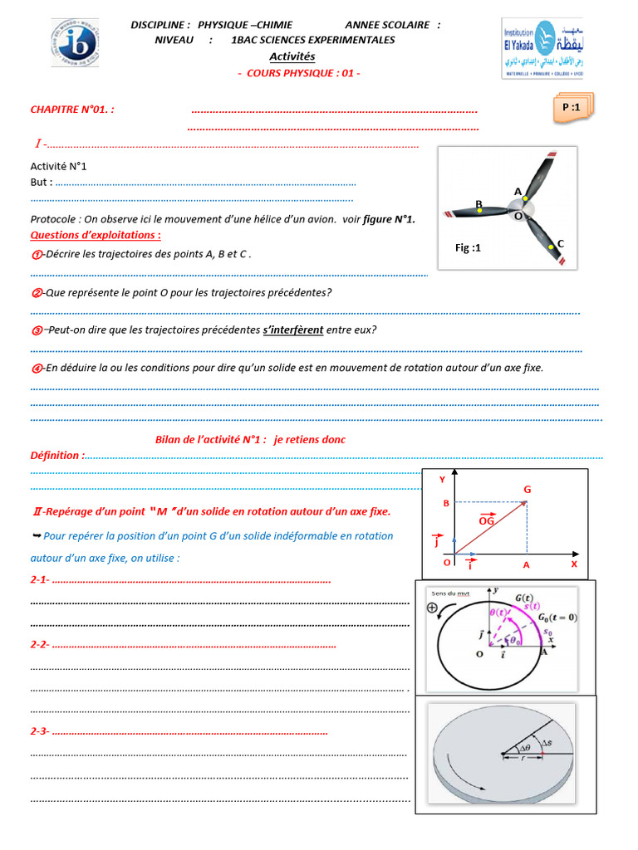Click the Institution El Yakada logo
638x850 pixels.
click(542, 48)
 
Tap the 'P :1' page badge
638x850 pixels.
click(572, 108)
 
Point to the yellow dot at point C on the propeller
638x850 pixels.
click(552, 247)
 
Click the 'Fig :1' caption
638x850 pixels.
click(468, 247)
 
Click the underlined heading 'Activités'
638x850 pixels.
click(292, 56)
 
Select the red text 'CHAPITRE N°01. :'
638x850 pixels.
click(72, 110)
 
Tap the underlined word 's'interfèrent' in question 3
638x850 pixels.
click(293, 330)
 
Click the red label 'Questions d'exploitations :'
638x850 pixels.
click(96, 235)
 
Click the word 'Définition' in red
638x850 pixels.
click(57, 455)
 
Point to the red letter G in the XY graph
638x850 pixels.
click(527, 490)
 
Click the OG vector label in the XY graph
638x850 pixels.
click(487, 520)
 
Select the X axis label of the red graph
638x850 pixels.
click(572, 563)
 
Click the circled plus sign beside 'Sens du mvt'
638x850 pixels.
click(432, 607)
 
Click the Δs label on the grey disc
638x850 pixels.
click(546, 741)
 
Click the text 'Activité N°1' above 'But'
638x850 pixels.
click(58, 166)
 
